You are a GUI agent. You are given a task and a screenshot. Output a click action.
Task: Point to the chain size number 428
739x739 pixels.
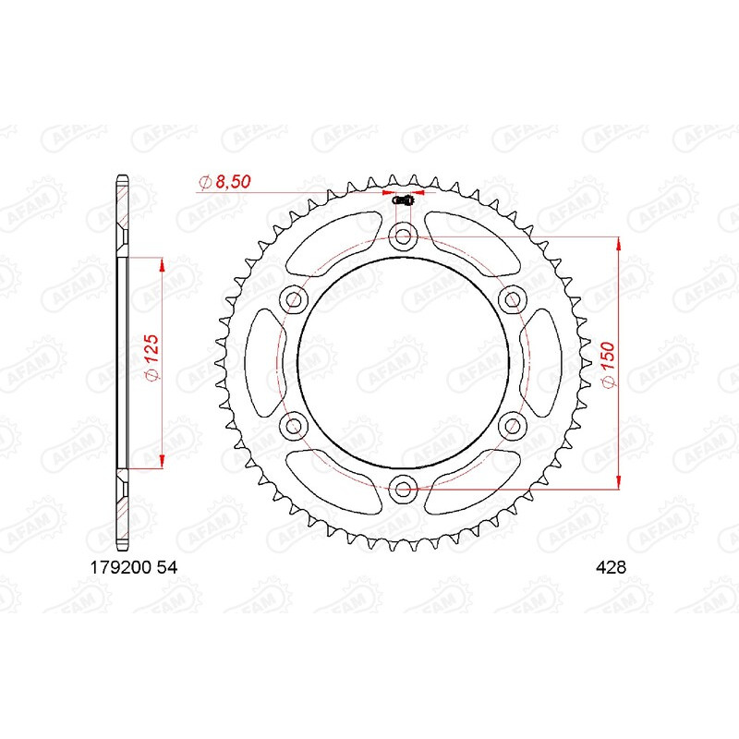coord(611,569)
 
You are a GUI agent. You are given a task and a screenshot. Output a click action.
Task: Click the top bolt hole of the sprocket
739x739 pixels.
coord(403,236)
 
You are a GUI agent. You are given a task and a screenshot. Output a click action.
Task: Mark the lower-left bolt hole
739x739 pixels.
coord(295,424)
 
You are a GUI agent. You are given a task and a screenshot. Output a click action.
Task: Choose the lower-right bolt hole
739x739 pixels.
coord(512,424)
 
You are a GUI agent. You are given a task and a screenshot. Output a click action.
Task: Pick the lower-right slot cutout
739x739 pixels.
coord(473,483)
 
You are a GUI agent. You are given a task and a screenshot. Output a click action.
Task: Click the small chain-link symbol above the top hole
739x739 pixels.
coord(403,200)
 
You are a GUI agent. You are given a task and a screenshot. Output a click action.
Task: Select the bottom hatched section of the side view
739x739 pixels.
coord(123,511)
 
